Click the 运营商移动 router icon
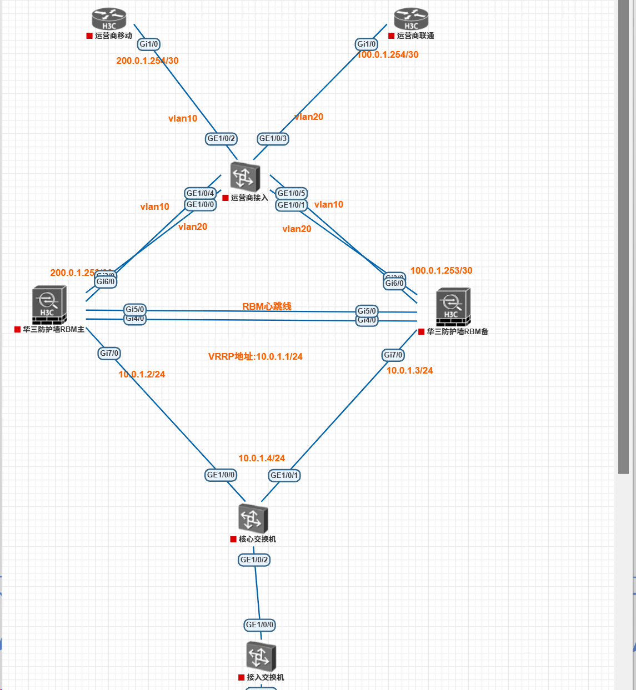[109, 19]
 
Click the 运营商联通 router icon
[411, 19]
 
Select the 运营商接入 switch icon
[245, 176]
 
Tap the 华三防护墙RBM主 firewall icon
[49, 305]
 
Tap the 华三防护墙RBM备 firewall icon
[453, 306]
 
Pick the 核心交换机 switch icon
[253, 518]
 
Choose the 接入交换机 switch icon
[261, 656]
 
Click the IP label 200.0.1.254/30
[147, 61]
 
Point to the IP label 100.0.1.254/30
[388, 54]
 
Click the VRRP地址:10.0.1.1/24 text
[256, 356]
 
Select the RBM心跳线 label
[267, 306]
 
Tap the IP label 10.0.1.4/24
[262, 458]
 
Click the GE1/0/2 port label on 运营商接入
[222, 138]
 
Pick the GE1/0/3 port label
[273, 138]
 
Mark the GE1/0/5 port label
[292, 193]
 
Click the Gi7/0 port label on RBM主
[109, 353]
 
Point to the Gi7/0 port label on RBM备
[393, 355]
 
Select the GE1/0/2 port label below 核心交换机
[254, 560]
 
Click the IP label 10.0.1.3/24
[410, 370]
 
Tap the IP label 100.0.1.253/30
[442, 270]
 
